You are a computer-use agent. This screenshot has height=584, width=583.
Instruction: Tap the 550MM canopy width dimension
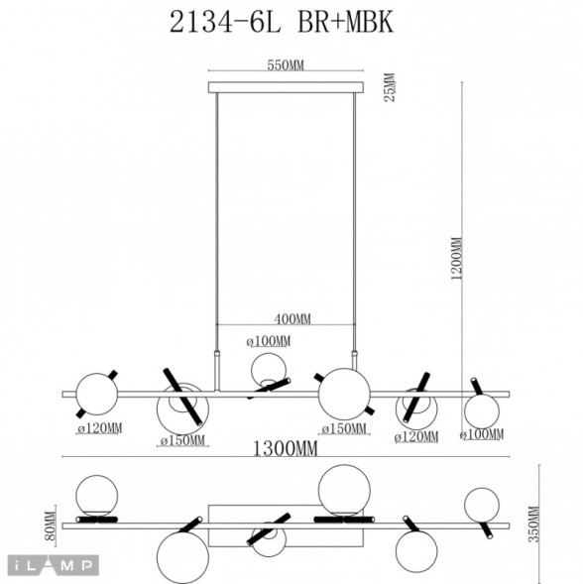285,65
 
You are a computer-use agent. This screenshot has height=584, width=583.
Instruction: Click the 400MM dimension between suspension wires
291,319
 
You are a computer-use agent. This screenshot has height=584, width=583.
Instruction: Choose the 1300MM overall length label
288,449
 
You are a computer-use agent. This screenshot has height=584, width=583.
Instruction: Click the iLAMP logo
51,565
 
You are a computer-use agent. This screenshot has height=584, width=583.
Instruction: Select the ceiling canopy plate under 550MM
285,87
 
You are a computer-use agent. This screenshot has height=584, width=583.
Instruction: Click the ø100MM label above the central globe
268,342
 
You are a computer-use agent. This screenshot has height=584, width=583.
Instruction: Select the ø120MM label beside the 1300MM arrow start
99,429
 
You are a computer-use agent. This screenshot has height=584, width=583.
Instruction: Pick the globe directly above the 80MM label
98,493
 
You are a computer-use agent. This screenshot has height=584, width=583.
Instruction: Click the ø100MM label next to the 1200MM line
481,434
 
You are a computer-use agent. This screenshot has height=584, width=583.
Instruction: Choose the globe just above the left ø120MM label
97,393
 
